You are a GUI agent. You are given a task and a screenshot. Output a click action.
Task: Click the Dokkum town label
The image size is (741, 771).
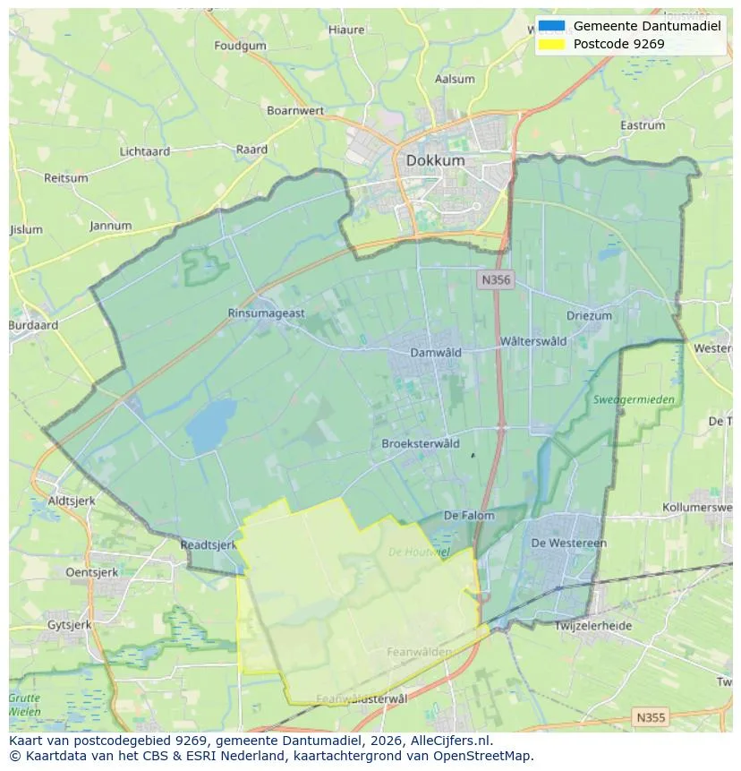[x=435, y=160]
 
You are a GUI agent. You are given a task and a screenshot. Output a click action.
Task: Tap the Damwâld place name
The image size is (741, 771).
[x=436, y=352]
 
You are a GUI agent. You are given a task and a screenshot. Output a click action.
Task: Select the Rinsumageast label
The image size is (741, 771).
[x=267, y=313]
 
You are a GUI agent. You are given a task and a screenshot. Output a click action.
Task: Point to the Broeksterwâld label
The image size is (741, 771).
[x=421, y=443]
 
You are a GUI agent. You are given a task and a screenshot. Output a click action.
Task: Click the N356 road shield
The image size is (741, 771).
[x=495, y=280]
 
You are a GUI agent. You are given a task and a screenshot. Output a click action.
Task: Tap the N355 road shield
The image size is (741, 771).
[x=650, y=717]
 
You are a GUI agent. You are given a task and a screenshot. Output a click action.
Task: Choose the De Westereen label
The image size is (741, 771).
[x=569, y=543]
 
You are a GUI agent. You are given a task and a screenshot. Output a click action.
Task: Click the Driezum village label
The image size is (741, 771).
[x=589, y=315]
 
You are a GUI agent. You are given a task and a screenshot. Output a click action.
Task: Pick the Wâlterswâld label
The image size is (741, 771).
[x=533, y=341]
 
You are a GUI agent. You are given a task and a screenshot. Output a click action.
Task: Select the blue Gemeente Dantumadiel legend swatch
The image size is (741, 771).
[x=552, y=26]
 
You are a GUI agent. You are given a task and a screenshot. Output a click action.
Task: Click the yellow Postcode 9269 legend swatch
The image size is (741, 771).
[x=552, y=44]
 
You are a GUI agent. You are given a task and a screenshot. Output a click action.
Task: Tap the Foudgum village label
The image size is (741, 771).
[x=241, y=46]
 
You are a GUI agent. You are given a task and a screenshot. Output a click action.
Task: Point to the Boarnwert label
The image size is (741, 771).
[x=295, y=110]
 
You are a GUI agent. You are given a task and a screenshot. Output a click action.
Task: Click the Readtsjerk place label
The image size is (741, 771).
[x=208, y=544]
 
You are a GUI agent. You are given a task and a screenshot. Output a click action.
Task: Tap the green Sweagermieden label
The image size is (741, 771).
[x=634, y=399]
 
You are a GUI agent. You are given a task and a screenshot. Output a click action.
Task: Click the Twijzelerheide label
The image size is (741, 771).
[x=593, y=626]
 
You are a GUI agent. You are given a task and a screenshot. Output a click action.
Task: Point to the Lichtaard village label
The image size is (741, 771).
[x=145, y=151]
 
